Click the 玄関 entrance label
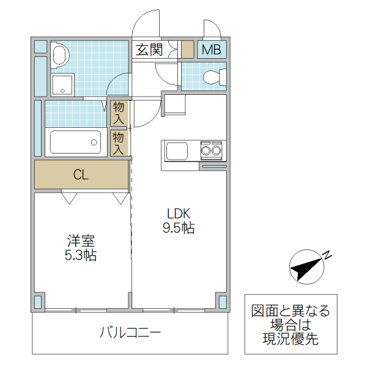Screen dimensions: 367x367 tap(149, 50)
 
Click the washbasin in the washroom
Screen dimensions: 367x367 tap(59, 55)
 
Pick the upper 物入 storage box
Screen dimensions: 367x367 tap(119, 113)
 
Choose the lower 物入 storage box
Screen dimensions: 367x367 tap(119, 142)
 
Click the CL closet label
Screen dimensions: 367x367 tap(81, 174)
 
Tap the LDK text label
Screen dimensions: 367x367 tap(179, 213)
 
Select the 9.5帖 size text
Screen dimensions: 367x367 tap(179, 229)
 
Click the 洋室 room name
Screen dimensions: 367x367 tap(80, 240)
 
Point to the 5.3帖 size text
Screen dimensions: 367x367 tap(80, 256)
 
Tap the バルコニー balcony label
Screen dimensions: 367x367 tap(130, 333)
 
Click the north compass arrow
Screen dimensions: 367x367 tap(306, 267)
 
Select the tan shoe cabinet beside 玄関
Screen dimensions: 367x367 tap(187, 49)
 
